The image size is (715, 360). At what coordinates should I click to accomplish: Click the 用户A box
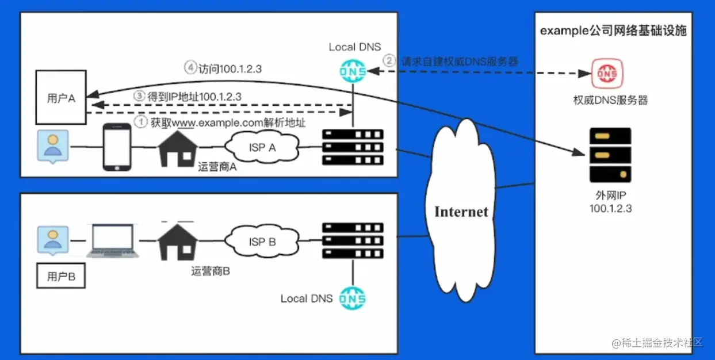(x=61, y=97)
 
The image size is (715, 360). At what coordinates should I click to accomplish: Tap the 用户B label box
(x=61, y=276)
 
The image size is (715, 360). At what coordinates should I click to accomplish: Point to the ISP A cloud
(x=263, y=148)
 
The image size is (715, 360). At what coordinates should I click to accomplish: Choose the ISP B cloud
(x=263, y=242)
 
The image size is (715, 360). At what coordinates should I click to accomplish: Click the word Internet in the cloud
(x=461, y=211)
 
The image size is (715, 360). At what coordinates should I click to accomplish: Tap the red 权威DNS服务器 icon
(x=604, y=74)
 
